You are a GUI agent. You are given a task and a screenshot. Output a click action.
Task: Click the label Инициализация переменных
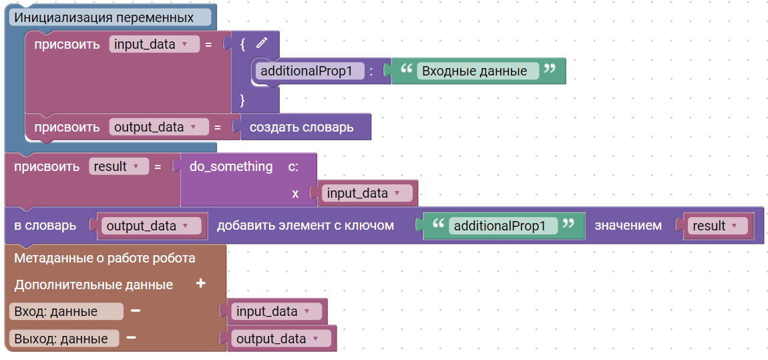click(104, 18)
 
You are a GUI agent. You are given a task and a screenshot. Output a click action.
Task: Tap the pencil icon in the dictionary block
click(262, 43)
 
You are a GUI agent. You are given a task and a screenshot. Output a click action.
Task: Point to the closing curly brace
click(242, 100)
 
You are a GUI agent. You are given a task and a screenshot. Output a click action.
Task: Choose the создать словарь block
click(302, 128)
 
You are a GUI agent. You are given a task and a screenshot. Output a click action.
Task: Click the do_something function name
click(231, 166)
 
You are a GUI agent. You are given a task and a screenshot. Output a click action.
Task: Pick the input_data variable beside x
click(367, 194)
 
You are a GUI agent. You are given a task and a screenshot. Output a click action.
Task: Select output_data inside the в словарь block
click(152, 226)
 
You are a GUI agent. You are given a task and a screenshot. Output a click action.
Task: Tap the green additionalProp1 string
click(503, 226)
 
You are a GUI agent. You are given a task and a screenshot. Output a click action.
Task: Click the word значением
click(628, 226)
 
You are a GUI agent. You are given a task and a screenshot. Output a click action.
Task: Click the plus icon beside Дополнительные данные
click(200, 284)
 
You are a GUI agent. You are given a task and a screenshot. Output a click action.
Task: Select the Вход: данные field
click(66, 311)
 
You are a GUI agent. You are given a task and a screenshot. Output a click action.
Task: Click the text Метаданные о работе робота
click(105, 258)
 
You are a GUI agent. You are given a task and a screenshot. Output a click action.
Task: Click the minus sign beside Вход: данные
click(136, 311)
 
